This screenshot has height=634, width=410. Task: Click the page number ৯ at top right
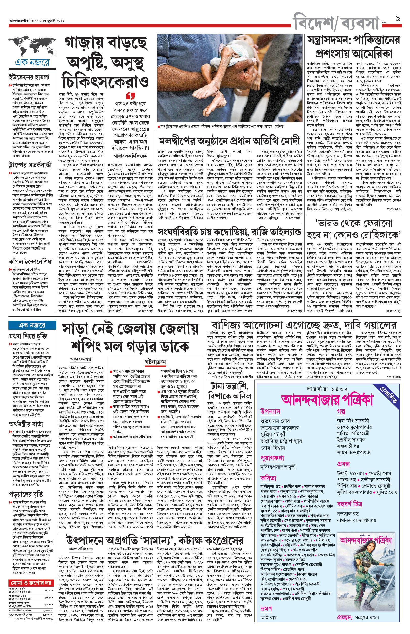tap(398, 19)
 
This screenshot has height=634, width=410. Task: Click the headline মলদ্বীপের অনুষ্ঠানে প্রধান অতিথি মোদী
tap(230, 141)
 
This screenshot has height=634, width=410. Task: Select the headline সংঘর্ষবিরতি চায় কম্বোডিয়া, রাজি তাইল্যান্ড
tap(230, 232)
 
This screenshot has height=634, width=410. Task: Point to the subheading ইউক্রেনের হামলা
tap(29, 77)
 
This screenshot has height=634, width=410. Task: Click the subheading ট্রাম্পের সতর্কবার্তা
tap(30, 165)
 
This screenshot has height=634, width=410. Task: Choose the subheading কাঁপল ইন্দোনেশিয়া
tap(31, 262)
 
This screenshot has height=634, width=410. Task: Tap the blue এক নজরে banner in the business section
tap(32, 325)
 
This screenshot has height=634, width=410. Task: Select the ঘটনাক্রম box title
tap(155, 362)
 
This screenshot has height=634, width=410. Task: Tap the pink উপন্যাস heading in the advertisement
tap(270, 411)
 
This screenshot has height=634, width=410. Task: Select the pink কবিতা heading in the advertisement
tap(268, 478)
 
